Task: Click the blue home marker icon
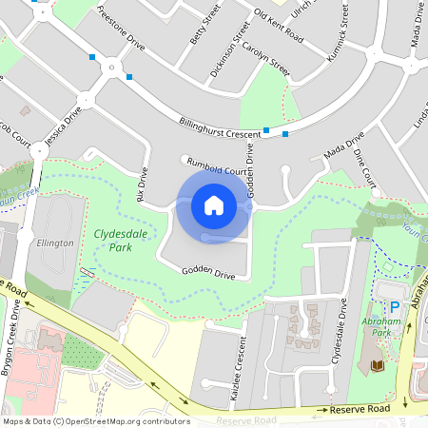(x=214, y=205)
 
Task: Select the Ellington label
(x=55, y=243)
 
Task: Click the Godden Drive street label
(x=209, y=272)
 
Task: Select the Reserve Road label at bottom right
(x=360, y=408)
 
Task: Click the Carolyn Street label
(x=265, y=58)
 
